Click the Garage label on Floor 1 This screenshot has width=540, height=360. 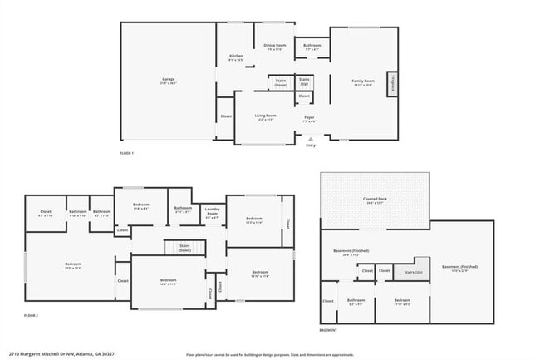pos(169,80)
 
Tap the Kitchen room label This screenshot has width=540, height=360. pos(236,57)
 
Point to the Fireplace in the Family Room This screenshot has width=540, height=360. pos(392,84)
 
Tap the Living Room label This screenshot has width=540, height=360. pos(265,117)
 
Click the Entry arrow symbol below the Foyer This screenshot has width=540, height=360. pos(311,139)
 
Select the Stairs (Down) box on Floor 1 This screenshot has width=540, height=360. pos(281,83)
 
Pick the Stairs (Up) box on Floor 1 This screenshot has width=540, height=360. pos(304,81)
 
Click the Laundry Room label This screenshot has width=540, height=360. pos(213,213)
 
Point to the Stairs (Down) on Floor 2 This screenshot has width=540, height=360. pos(184,247)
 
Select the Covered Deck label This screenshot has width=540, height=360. pos(376,200)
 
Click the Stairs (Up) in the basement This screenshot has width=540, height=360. pos(413,271)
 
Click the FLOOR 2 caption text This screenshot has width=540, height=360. pos(32,316)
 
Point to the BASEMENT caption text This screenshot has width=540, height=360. pos(328,330)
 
